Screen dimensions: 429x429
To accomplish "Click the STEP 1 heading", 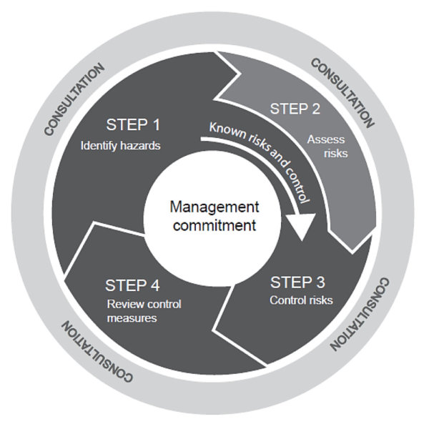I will coord(132,124).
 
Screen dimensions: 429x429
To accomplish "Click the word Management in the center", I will coord(213,207).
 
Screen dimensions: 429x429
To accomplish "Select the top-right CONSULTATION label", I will coord(342,91).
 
